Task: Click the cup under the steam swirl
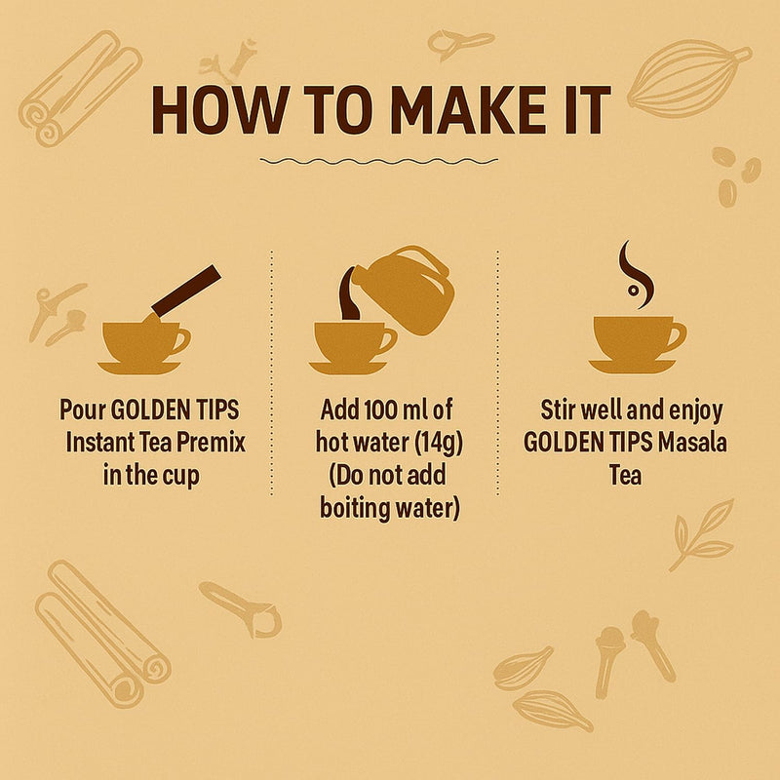[x=636, y=337]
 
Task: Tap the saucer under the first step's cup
[x=138, y=368]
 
